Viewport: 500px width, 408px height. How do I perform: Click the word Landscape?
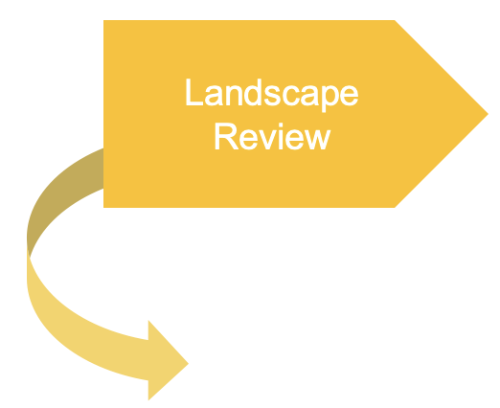tap(272, 95)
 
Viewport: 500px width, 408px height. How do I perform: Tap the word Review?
tap(273, 136)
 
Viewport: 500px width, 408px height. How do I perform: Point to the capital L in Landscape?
tap(194, 92)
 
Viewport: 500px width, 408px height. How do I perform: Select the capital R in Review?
tap(227, 136)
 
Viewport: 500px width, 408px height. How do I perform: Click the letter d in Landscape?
tap(253, 92)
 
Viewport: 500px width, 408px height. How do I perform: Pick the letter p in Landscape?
tap(330, 99)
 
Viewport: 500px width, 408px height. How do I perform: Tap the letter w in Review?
tap(317, 139)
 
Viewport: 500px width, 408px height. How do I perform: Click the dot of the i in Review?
tap(281, 125)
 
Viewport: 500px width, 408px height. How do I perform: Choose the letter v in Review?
tap(267, 139)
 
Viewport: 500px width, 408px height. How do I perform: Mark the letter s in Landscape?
tap(272, 95)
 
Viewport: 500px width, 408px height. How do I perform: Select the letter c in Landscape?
tap(291, 95)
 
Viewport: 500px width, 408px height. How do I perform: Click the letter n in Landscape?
tap(234, 95)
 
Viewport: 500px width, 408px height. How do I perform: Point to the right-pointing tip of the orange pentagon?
tap(489, 114)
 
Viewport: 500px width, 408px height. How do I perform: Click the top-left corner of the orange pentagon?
tap(103, 20)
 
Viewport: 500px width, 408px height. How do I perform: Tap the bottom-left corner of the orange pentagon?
tap(103, 208)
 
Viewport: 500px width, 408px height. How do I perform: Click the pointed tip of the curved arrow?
tap(189, 363)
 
